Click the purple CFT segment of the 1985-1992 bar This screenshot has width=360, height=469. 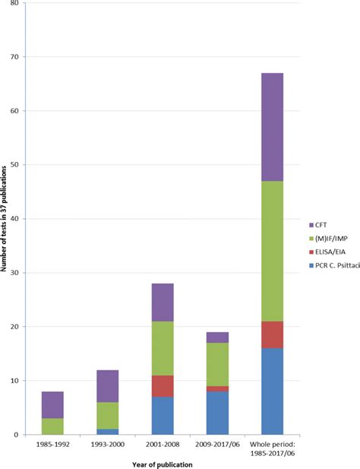(x=52, y=404)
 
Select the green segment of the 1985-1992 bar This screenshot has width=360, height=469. (x=52, y=426)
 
